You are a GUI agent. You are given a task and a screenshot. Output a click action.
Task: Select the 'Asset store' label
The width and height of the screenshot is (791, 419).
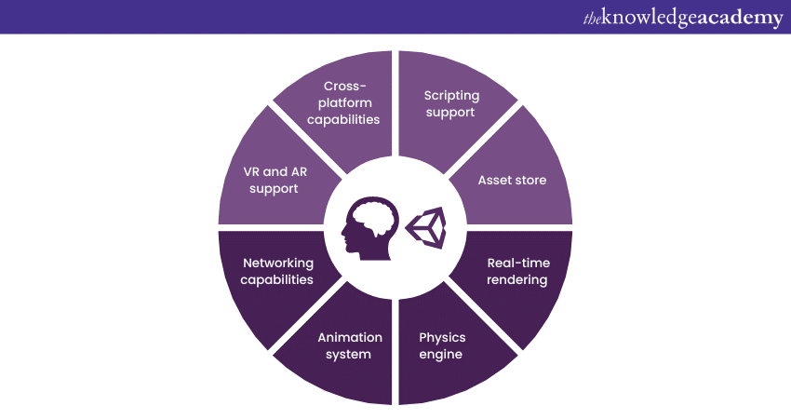point(512,180)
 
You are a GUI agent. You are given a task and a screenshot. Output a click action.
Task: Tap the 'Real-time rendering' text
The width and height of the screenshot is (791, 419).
point(517,271)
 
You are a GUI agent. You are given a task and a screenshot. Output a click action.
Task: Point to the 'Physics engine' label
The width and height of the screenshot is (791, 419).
point(441,345)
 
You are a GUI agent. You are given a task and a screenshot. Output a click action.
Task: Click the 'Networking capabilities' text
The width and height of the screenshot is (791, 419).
point(277,271)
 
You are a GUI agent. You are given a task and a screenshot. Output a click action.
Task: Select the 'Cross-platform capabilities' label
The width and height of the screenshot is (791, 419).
point(345,102)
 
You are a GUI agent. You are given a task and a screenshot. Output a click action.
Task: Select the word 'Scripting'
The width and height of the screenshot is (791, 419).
point(450,95)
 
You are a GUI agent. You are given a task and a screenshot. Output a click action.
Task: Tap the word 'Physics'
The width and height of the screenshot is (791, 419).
point(442,337)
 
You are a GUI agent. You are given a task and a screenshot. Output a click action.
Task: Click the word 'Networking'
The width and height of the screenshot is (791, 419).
point(277,263)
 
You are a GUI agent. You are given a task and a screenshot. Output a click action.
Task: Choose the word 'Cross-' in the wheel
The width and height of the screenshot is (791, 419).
point(345,86)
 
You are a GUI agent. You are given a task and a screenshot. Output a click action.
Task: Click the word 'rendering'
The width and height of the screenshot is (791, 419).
point(517,279)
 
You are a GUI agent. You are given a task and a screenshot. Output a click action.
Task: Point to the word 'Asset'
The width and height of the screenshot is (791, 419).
point(494,180)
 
